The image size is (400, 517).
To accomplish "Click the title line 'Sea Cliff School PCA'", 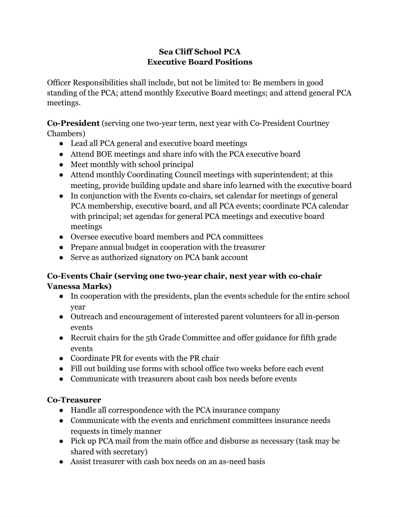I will point(200,52).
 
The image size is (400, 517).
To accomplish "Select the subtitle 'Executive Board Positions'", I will point(200,62).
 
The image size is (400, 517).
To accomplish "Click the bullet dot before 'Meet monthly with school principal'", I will point(61,164).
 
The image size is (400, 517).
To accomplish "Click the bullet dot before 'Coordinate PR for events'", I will point(61,358).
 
